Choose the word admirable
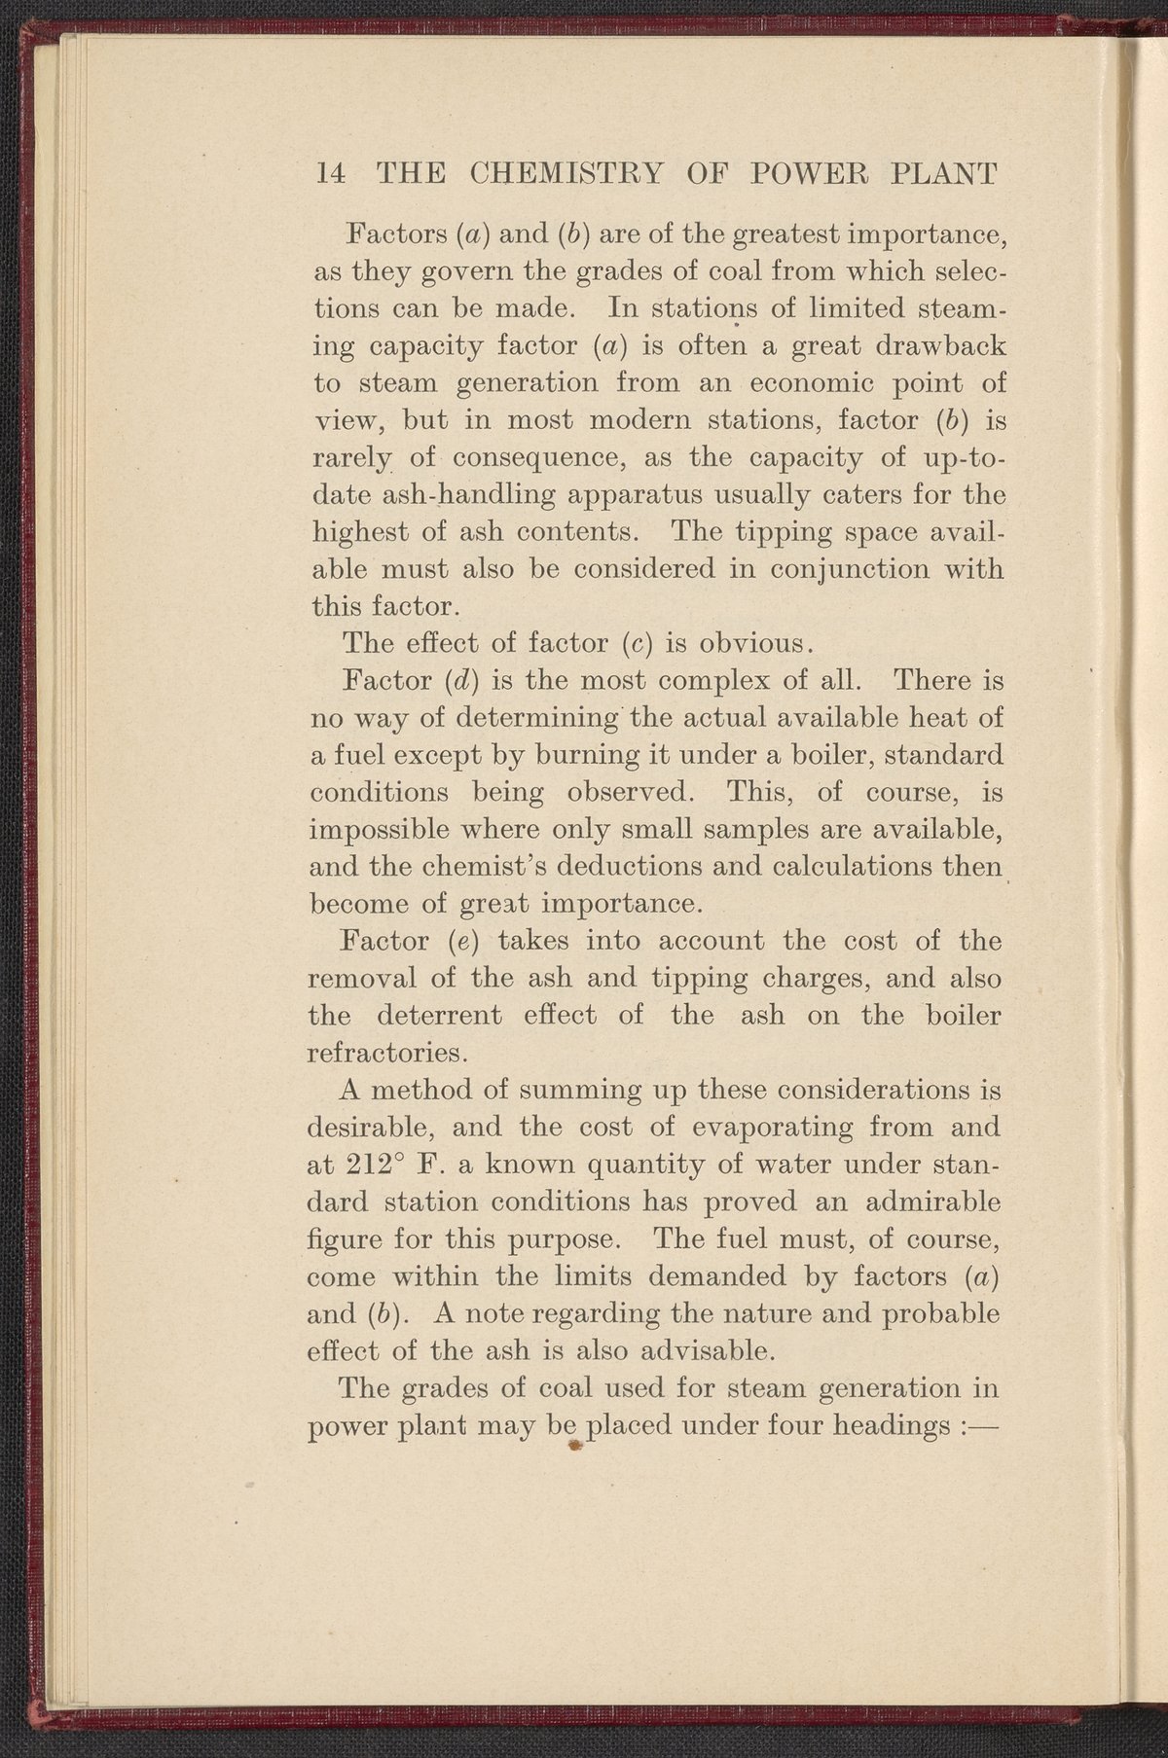coord(919,1202)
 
